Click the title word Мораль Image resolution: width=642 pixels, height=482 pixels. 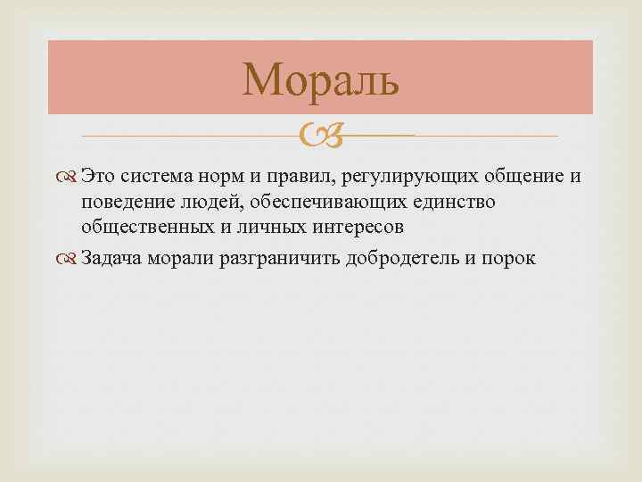pyautogui.click(x=321, y=79)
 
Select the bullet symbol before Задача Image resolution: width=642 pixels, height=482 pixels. pyautogui.click(x=70, y=258)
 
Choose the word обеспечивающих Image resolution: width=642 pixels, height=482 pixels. pyautogui.click(x=326, y=202)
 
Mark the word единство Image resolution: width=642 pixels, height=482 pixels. pyautogui.click(x=453, y=202)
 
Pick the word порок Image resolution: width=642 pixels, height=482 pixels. pyautogui.click(x=510, y=258)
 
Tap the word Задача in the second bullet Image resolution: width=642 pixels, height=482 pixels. pyautogui.click(x=109, y=258)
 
